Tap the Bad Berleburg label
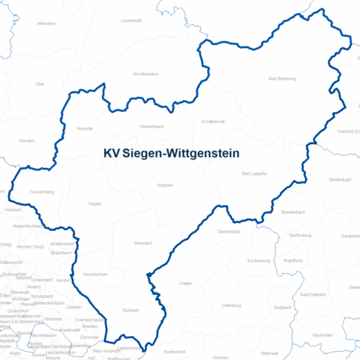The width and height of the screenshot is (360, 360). [x=282, y=78]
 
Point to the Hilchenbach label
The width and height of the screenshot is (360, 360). [x=151, y=127]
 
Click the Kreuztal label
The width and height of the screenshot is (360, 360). [x=85, y=128]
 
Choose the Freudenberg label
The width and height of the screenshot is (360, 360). [x=41, y=192]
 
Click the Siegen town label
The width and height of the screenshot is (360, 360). [x=94, y=203]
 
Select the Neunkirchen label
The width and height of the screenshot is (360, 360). [x=95, y=274]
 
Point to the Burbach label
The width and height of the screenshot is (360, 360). [x=130, y=309]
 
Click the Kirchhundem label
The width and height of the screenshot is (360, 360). [x=145, y=74]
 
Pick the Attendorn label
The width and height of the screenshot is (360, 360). [x=46, y=23]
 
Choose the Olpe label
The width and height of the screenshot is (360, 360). [x=40, y=84]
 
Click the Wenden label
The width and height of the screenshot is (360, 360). [x=27, y=140]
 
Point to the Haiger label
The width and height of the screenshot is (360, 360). [x=186, y=283]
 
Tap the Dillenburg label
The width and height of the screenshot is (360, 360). [x=231, y=305]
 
